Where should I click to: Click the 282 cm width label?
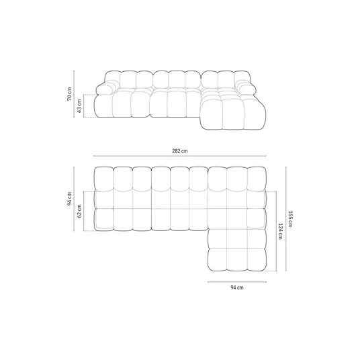(x=180, y=151)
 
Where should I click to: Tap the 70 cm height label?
(x=69, y=93)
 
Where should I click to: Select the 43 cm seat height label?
(x=79, y=106)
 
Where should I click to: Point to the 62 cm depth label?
(x=79, y=211)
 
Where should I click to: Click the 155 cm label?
(x=289, y=219)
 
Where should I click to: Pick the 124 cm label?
(x=280, y=231)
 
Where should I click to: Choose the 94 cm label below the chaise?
(x=237, y=287)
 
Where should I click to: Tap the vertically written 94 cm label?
(x=69, y=199)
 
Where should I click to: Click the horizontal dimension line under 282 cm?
(x=180, y=156)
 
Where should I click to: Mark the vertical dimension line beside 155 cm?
(x=286, y=219)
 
